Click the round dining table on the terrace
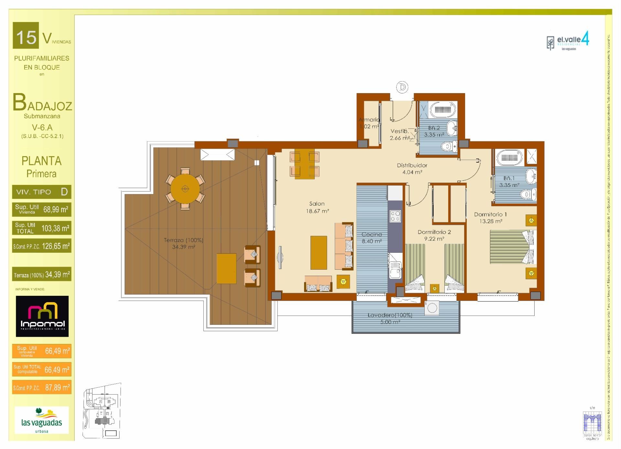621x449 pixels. coord(185,188)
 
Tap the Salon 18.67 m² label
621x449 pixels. coord(317,207)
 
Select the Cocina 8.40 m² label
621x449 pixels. coord(372,238)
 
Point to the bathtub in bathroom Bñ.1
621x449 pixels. coord(509,157)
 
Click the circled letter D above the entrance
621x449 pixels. coord(402,87)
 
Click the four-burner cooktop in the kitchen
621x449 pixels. coord(395,216)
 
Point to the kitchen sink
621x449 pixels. coord(395,271)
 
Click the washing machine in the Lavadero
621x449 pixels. coord(432,308)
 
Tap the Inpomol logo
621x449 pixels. coord(42,316)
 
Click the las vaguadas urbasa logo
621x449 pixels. coord(41,420)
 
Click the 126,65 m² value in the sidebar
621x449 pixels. coord(56,246)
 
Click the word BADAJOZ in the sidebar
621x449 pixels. coord(42,103)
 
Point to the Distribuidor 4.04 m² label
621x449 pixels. coord(412,169)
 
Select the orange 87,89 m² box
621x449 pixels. coord(42,388)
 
